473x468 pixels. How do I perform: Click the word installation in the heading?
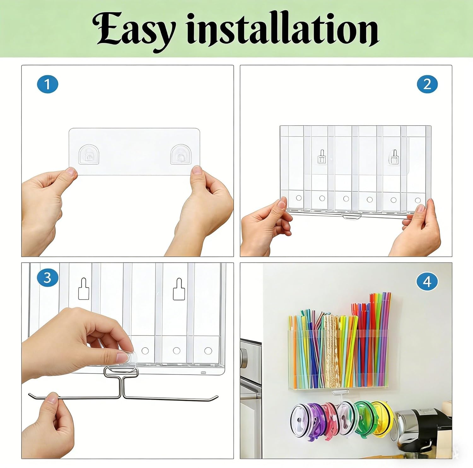(x=283, y=29)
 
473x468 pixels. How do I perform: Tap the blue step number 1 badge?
(x=48, y=84)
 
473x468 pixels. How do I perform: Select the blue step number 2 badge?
(x=427, y=84)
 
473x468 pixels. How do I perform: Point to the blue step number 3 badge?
(x=47, y=278)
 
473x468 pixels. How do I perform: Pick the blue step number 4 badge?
(x=427, y=282)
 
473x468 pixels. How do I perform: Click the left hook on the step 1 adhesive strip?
(x=89, y=155)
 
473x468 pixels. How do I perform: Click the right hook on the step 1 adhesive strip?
(x=181, y=155)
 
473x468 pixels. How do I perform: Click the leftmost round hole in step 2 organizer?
(x=299, y=198)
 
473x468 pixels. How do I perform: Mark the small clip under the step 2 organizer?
(x=352, y=217)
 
